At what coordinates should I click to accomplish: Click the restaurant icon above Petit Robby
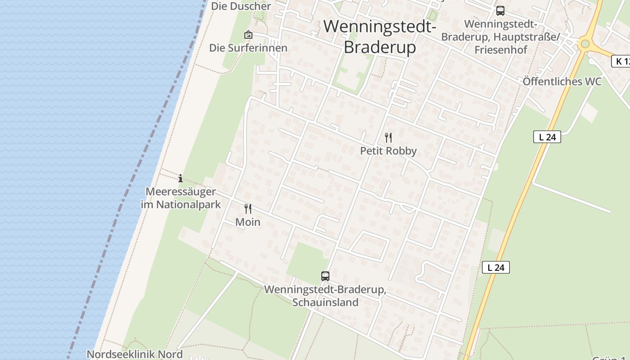click(x=388, y=138)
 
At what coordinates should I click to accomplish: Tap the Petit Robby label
click(x=388, y=151)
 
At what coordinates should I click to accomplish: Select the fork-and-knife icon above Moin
click(x=248, y=209)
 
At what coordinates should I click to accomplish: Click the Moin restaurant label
click(x=248, y=222)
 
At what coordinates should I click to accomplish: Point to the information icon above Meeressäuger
click(x=180, y=178)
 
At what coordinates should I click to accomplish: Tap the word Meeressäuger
click(x=180, y=192)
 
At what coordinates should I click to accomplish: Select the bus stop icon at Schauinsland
click(x=325, y=276)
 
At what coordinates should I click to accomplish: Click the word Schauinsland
click(x=325, y=302)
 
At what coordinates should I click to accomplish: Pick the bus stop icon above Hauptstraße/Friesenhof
click(x=500, y=11)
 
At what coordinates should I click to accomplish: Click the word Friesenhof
click(x=501, y=49)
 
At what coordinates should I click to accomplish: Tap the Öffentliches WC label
click(x=562, y=81)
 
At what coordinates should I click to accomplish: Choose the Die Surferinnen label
click(x=248, y=48)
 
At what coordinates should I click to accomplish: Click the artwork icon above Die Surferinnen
click(x=248, y=35)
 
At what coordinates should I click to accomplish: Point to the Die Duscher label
click(x=241, y=6)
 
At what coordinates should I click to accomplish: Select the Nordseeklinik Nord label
click(x=135, y=354)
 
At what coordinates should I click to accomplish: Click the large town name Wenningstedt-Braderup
click(x=380, y=36)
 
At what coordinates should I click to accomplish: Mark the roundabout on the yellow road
click(x=585, y=44)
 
